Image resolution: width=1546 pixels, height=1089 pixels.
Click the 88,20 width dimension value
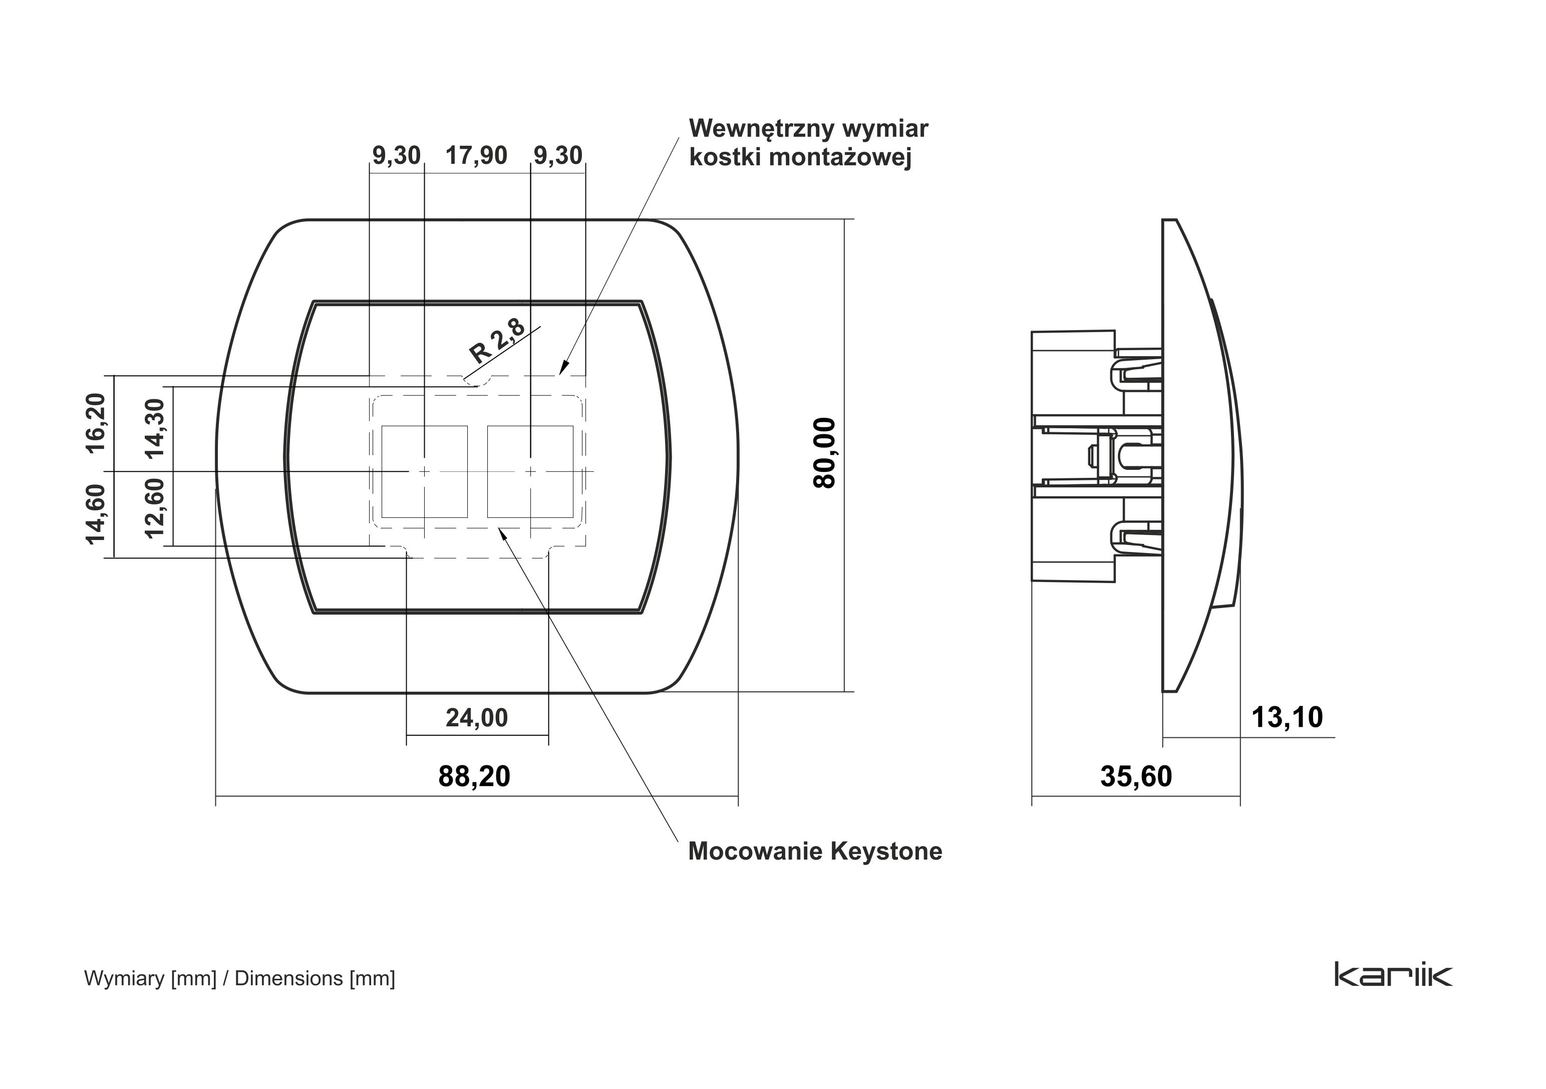coord(474,776)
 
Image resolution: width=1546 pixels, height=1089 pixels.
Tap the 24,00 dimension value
coord(477,718)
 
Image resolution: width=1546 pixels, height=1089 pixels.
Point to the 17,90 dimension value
coord(476,156)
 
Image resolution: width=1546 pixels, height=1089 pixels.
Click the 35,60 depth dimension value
coord(1136,776)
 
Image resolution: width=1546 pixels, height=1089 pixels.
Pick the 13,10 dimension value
coord(1287,717)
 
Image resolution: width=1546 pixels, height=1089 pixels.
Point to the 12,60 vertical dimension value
coord(155,508)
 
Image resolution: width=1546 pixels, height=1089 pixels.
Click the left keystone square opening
coord(424,471)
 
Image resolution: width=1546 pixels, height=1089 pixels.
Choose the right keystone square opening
coord(530,471)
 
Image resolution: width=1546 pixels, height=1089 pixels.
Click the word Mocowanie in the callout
coord(756,851)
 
